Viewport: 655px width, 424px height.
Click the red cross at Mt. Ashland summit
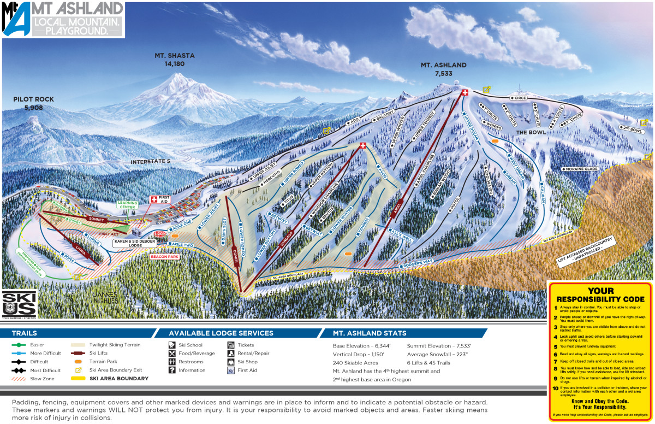click(465, 92)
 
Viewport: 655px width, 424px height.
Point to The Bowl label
click(528, 133)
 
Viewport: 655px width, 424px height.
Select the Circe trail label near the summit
click(519, 98)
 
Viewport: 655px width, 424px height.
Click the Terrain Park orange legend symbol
click(79, 362)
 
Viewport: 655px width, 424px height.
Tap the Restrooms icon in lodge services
click(172, 362)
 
